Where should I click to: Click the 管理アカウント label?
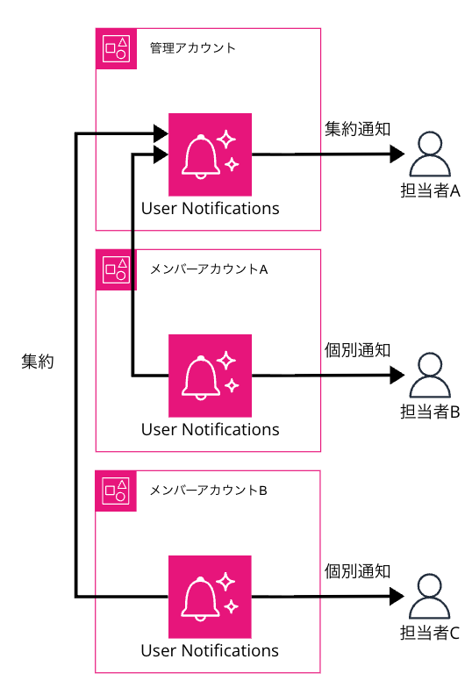coord(192,48)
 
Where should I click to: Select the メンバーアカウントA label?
coord(208,269)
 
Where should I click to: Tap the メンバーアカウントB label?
coord(208,490)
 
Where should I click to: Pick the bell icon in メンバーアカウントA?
coord(211,375)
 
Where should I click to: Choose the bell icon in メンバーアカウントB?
coord(211,596)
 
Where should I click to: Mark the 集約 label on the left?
coord(37,362)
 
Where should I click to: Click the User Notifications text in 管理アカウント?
coord(211,209)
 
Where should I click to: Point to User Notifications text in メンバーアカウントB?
coord(211,651)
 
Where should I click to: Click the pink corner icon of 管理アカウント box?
coord(116,49)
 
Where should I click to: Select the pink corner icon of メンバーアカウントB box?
coord(116,491)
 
